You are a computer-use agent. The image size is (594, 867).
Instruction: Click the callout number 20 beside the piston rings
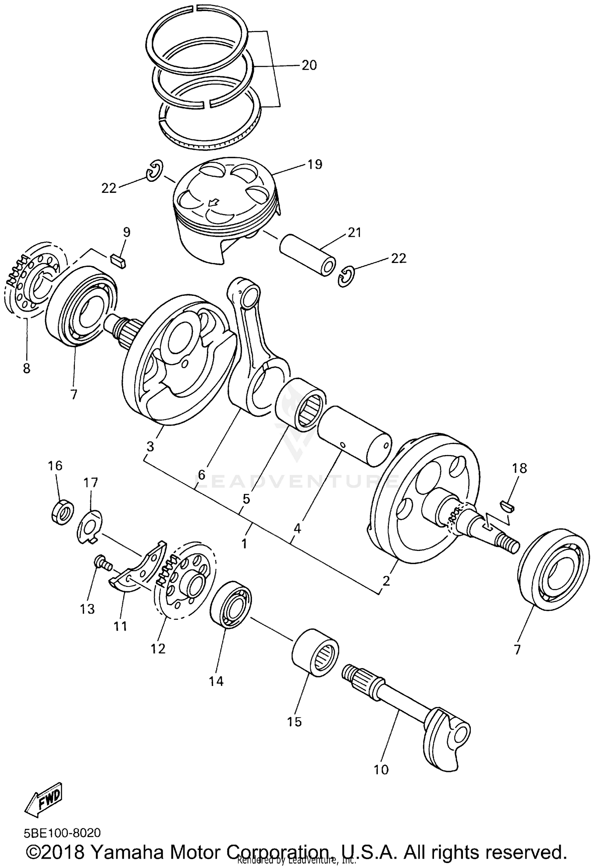point(309,65)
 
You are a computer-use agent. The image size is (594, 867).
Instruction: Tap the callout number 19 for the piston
point(315,164)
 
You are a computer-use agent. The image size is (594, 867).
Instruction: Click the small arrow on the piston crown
point(213,203)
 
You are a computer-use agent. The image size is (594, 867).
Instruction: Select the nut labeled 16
point(62,514)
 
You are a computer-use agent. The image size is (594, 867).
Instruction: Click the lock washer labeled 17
point(89,528)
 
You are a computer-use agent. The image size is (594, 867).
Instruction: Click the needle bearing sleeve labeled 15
point(316,651)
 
